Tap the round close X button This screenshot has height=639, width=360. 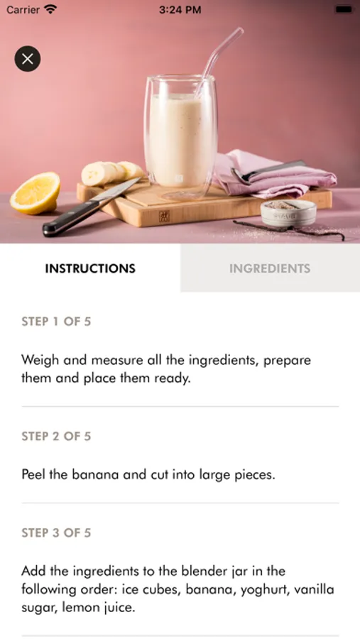27,59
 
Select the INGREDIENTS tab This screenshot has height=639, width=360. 270,268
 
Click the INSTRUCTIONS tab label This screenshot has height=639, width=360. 90,268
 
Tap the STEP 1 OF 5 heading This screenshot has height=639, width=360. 56,322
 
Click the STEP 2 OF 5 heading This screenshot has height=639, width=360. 56,436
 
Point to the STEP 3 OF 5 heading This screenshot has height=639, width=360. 56,532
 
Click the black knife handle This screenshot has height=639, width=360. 70,218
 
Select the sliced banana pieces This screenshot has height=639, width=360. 111,173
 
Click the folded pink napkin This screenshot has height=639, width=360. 274,173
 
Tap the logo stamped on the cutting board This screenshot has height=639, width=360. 164,216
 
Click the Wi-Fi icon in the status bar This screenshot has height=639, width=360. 50,9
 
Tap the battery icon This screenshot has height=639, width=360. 343,9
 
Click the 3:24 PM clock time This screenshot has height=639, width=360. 180,9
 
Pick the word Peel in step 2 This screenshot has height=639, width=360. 33,474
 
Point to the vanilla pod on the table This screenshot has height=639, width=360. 289,229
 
